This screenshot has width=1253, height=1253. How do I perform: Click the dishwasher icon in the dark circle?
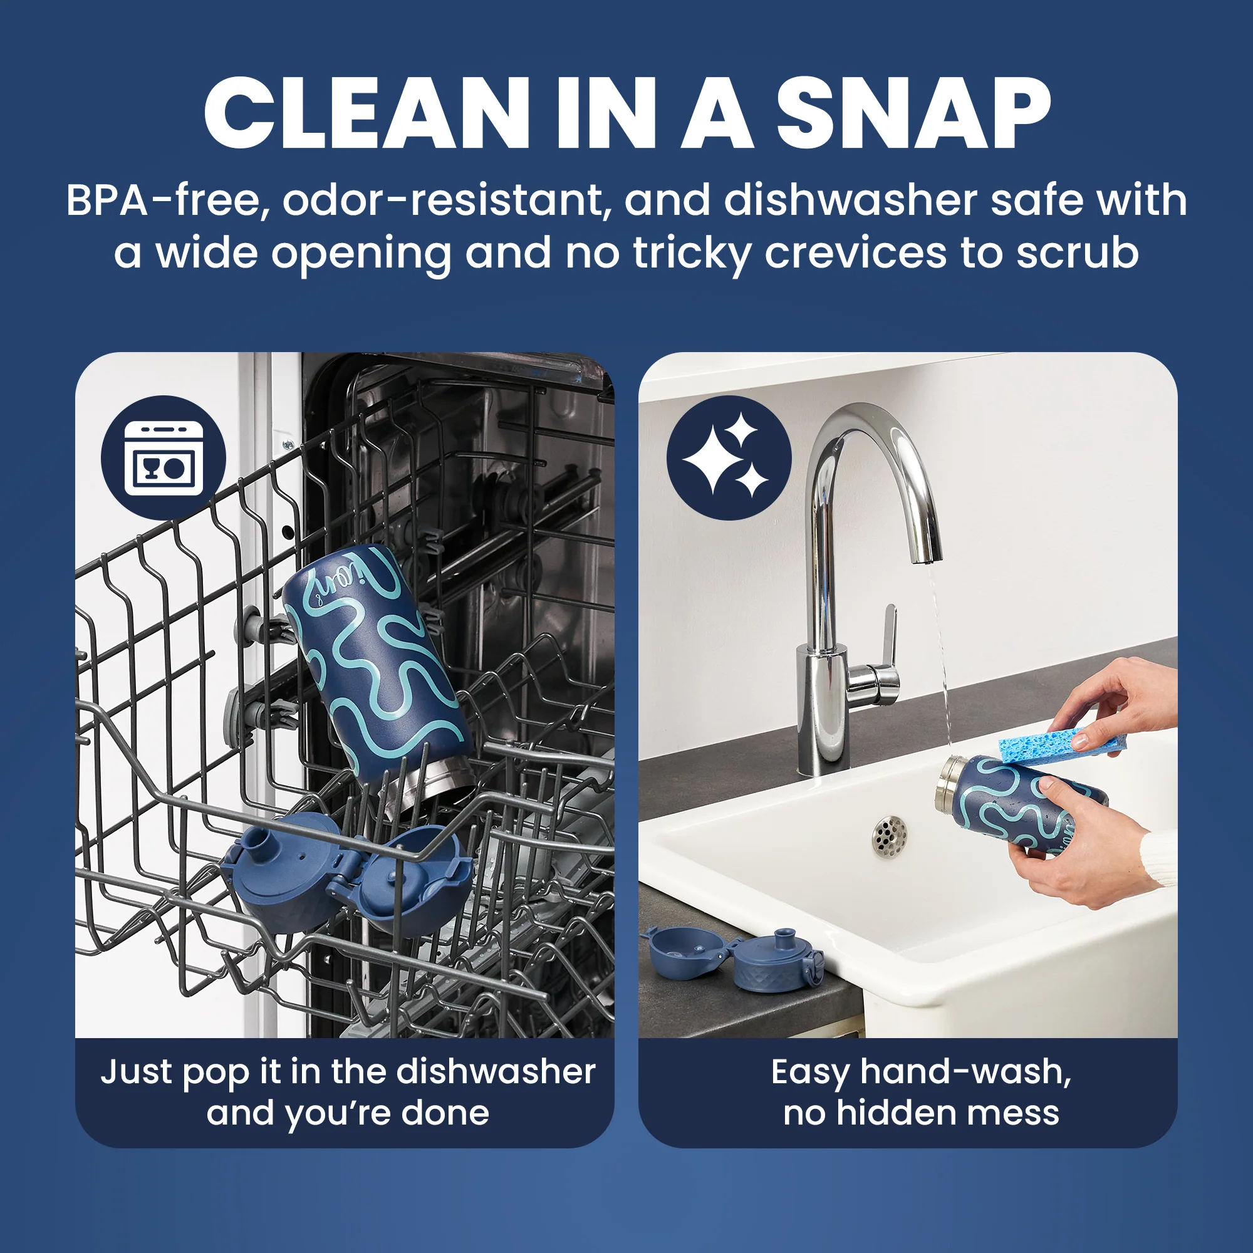[x=164, y=458]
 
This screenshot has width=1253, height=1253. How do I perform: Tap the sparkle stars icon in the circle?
[x=729, y=458]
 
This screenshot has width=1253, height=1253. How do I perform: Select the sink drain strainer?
[x=890, y=836]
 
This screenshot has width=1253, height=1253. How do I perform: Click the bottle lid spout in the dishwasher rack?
[x=264, y=842]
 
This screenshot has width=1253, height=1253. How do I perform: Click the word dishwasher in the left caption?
[x=496, y=1071]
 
